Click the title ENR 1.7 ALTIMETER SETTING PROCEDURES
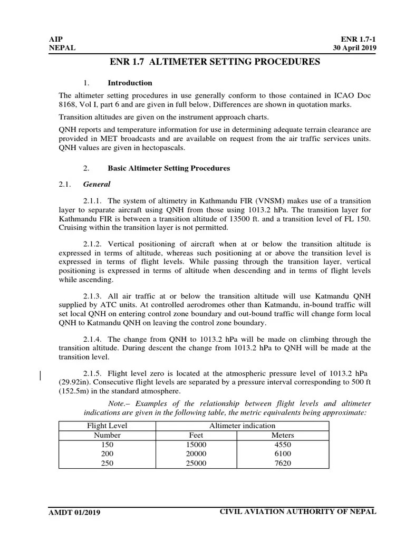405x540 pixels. pyautogui.click(x=215, y=62)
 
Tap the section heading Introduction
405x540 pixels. pyautogui.click(x=130, y=83)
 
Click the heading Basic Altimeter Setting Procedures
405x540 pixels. pyautogui.click(x=169, y=169)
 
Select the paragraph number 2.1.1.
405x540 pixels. pyautogui.click(x=93, y=201)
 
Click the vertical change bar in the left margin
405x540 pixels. pyautogui.click(x=42, y=375)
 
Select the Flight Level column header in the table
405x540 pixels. pyautogui.click(x=107, y=426)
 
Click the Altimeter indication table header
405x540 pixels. pyautogui.click(x=242, y=426)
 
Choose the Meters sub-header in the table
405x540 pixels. pyautogui.click(x=283, y=435)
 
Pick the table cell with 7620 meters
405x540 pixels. pyautogui.click(x=282, y=464)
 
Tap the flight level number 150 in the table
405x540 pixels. pyautogui.click(x=107, y=445)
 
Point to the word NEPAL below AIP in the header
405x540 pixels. pyautogui.click(x=62, y=48)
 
